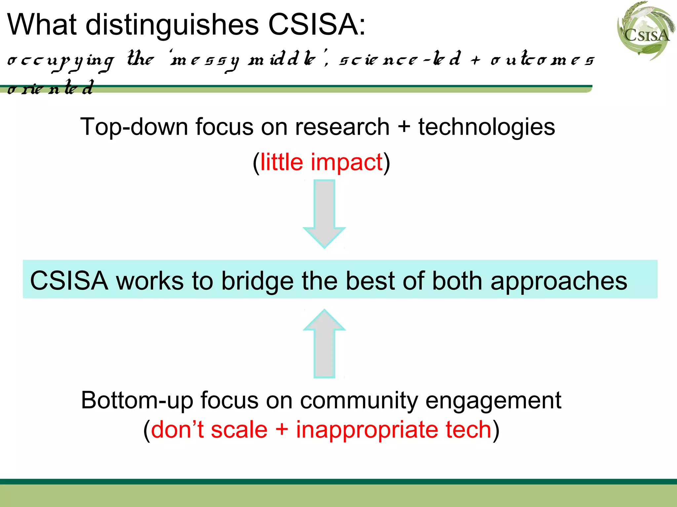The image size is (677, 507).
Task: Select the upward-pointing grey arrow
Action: click(x=324, y=343)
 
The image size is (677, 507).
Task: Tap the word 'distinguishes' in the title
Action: click(x=172, y=25)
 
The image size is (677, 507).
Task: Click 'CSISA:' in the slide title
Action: click(x=317, y=25)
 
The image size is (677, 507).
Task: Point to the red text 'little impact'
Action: click(x=321, y=162)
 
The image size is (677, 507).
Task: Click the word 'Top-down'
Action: click(x=134, y=127)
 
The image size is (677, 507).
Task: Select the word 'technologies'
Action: click(x=487, y=127)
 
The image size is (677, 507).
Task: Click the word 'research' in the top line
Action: click(x=342, y=127)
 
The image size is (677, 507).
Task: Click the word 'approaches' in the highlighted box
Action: click(x=559, y=281)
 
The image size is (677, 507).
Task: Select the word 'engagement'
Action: click(x=493, y=400)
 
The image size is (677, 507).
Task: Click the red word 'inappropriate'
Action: click(x=367, y=430)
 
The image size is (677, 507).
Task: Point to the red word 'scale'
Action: click(x=239, y=430)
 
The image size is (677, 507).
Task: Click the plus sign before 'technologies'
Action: click(x=404, y=127)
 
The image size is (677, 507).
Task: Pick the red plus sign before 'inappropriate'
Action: click(x=282, y=430)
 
